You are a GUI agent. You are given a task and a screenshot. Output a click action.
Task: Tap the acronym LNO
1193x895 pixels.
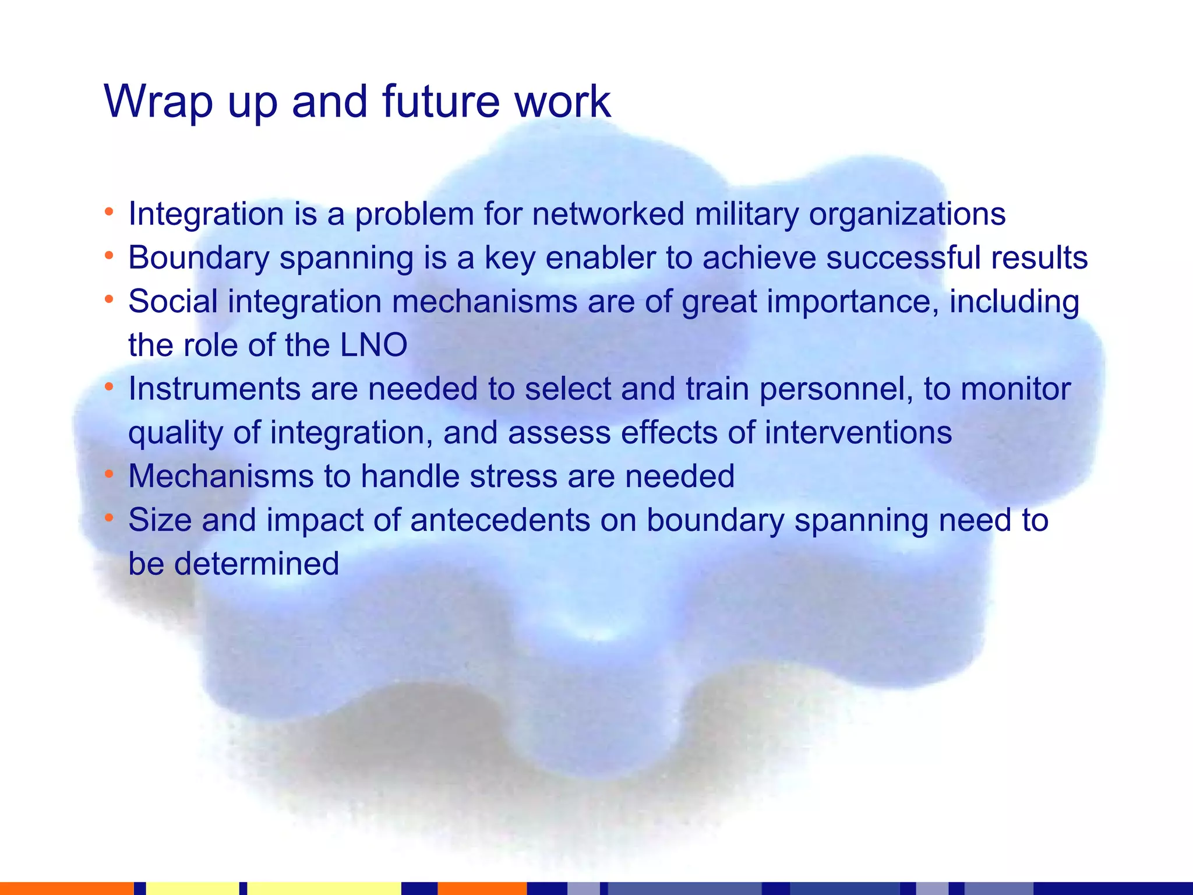click(x=373, y=345)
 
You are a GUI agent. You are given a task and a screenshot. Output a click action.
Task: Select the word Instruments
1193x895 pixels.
click(x=214, y=389)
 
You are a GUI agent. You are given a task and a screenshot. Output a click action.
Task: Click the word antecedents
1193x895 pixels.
click(x=500, y=520)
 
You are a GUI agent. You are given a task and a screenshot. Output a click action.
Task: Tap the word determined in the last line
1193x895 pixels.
click(x=256, y=563)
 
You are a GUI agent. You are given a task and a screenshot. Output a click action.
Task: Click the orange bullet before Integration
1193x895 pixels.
click(x=108, y=211)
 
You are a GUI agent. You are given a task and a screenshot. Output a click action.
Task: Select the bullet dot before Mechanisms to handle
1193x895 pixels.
click(x=108, y=473)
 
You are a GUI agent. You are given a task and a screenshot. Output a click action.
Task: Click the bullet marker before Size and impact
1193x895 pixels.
click(x=108, y=517)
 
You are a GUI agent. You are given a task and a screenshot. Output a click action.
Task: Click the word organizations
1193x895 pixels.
click(x=907, y=214)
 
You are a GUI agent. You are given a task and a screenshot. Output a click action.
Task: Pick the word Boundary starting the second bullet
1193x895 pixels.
click(x=198, y=258)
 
